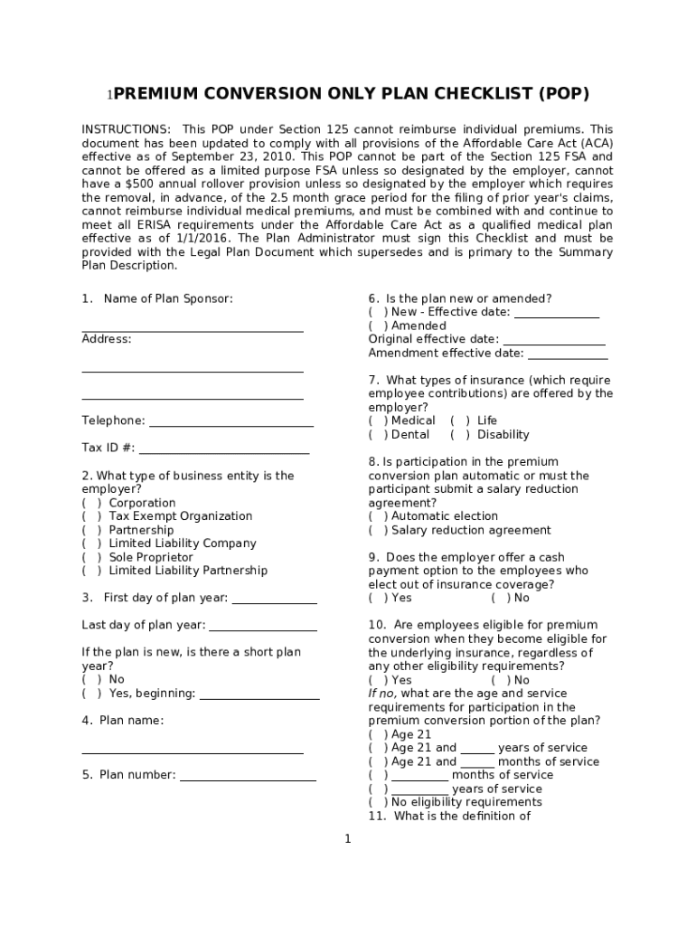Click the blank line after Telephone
(230, 421)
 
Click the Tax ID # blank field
(223, 449)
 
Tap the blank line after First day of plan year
(274, 599)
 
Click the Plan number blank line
(248, 776)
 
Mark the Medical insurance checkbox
(378, 420)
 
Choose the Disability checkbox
(460, 435)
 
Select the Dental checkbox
(378, 435)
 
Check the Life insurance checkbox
(460, 420)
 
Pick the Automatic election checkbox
(378, 516)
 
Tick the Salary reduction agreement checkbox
(378, 531)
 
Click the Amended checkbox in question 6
(378, 326)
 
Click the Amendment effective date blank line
(567, 354)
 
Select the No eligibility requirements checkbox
(378, 802)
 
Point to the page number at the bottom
(347, 839)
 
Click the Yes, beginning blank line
(259, 694)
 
